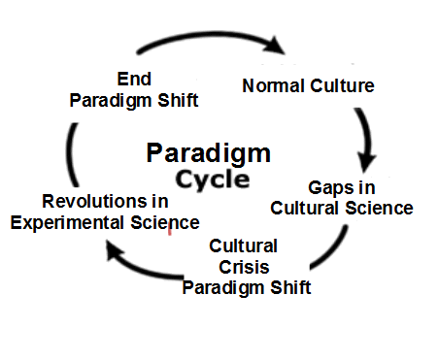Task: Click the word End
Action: tap(134, 79)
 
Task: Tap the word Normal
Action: tap(273, 85)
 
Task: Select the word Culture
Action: tap(342, 85)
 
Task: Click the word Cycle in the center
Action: tap(213, 180)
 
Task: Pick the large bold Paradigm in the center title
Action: tap(209, 154)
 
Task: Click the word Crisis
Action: tap(244, 267)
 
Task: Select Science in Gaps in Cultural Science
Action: tap(379, 208)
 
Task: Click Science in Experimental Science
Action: tap(165, 222)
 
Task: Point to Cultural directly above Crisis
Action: tap(244, 245)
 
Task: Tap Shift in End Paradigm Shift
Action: tap(178, 100)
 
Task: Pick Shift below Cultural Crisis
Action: tap(290, 287)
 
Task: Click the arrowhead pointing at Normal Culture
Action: tap(274, 45)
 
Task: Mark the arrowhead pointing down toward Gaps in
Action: tap(366, 161)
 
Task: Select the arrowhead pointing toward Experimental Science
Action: tap(114, 251)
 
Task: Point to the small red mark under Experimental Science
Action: tap(170, 231)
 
